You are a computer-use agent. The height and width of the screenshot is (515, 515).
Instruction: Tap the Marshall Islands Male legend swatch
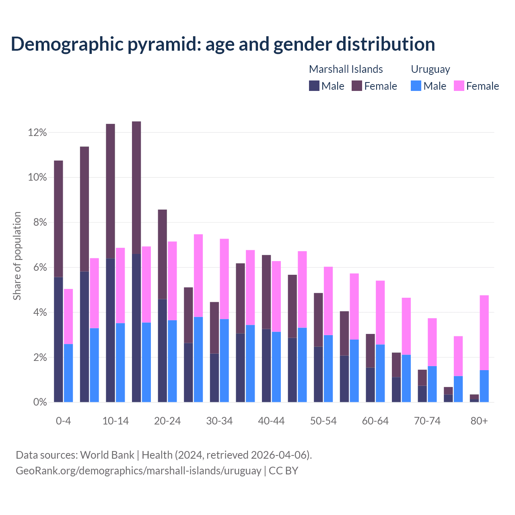(x=314, y=86)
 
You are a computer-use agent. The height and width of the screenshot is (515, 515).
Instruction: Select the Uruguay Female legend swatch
(x=459, y=86)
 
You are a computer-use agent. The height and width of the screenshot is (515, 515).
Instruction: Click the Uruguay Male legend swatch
(x=416, y=86)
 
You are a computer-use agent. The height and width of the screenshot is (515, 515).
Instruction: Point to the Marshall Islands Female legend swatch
(x=357, y=86)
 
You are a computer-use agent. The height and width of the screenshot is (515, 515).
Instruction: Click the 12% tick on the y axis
(x=37, y=133)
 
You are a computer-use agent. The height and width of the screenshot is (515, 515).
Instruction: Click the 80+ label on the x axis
(x=479, y=421)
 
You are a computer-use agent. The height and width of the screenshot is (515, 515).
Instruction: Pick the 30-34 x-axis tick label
(x=219, y=421)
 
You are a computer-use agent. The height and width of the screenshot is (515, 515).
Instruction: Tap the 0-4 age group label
(x=64, y=421)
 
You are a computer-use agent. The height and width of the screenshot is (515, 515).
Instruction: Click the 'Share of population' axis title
(x=17, y=256)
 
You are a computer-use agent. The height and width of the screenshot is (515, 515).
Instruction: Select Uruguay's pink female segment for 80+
(x=484, y=332)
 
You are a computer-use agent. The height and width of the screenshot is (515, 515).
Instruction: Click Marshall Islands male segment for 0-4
(x=58, y=340)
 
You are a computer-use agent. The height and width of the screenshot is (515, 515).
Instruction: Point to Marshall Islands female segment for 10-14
(x=110, y=191)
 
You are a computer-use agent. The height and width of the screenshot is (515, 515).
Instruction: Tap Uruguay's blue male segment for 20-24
(x=172, y=361)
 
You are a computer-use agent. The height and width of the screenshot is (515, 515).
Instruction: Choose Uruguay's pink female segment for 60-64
(x=380, y=313)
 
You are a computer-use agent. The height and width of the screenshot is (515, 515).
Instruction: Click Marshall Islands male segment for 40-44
(x=266, y=365)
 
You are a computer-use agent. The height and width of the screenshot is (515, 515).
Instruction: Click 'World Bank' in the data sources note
(x=107, y=455)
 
